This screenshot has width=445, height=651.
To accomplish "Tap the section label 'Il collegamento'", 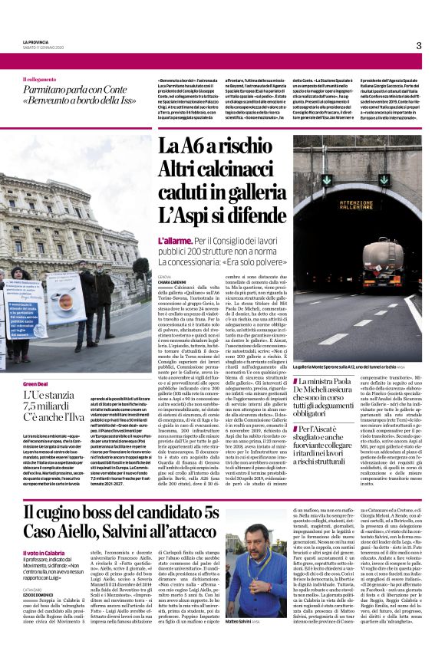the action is point(44,79).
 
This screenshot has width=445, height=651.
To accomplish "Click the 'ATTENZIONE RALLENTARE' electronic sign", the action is point(366,182).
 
